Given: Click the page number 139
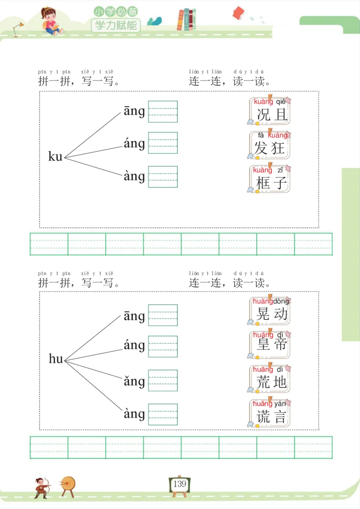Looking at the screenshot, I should [180, 484].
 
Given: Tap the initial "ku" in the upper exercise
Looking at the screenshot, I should [55, 156].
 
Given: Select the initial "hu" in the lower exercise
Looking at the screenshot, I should [56, 359].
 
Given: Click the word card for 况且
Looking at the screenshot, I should [270, 111].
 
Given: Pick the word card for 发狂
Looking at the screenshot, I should [270, 145].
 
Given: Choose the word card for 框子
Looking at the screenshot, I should [270, 179].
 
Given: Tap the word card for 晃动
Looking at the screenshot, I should [270, 311].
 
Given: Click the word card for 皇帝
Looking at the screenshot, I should [270, 344].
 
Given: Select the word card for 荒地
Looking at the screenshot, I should [270, 379].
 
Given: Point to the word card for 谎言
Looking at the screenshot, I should [270, 413].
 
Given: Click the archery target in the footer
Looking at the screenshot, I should [68, 485].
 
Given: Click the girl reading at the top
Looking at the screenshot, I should [49, 21].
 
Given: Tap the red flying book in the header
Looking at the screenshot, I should [238, 13].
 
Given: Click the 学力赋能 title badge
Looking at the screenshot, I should [116, 25].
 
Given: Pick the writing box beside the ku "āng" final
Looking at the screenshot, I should [163, 112].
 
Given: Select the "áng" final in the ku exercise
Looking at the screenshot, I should [134, 144].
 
